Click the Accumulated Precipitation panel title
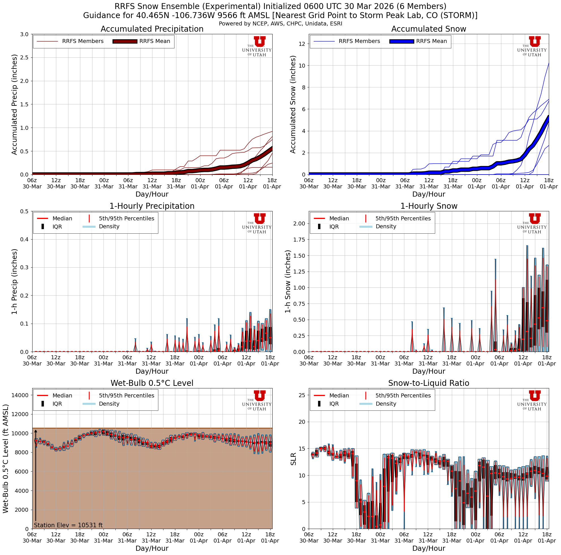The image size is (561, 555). [152, 29]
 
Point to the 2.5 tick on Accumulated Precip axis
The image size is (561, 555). [25, 57]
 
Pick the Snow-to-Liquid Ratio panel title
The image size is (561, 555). [429, 383]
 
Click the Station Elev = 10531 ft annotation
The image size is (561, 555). [68, 525]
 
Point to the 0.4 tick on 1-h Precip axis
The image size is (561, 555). [25, 240]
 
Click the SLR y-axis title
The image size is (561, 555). [294, 459]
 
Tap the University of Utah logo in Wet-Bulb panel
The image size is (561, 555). [257, 400]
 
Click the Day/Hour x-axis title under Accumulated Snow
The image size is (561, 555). [429, 194]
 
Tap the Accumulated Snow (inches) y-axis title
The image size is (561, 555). [293, 104]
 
